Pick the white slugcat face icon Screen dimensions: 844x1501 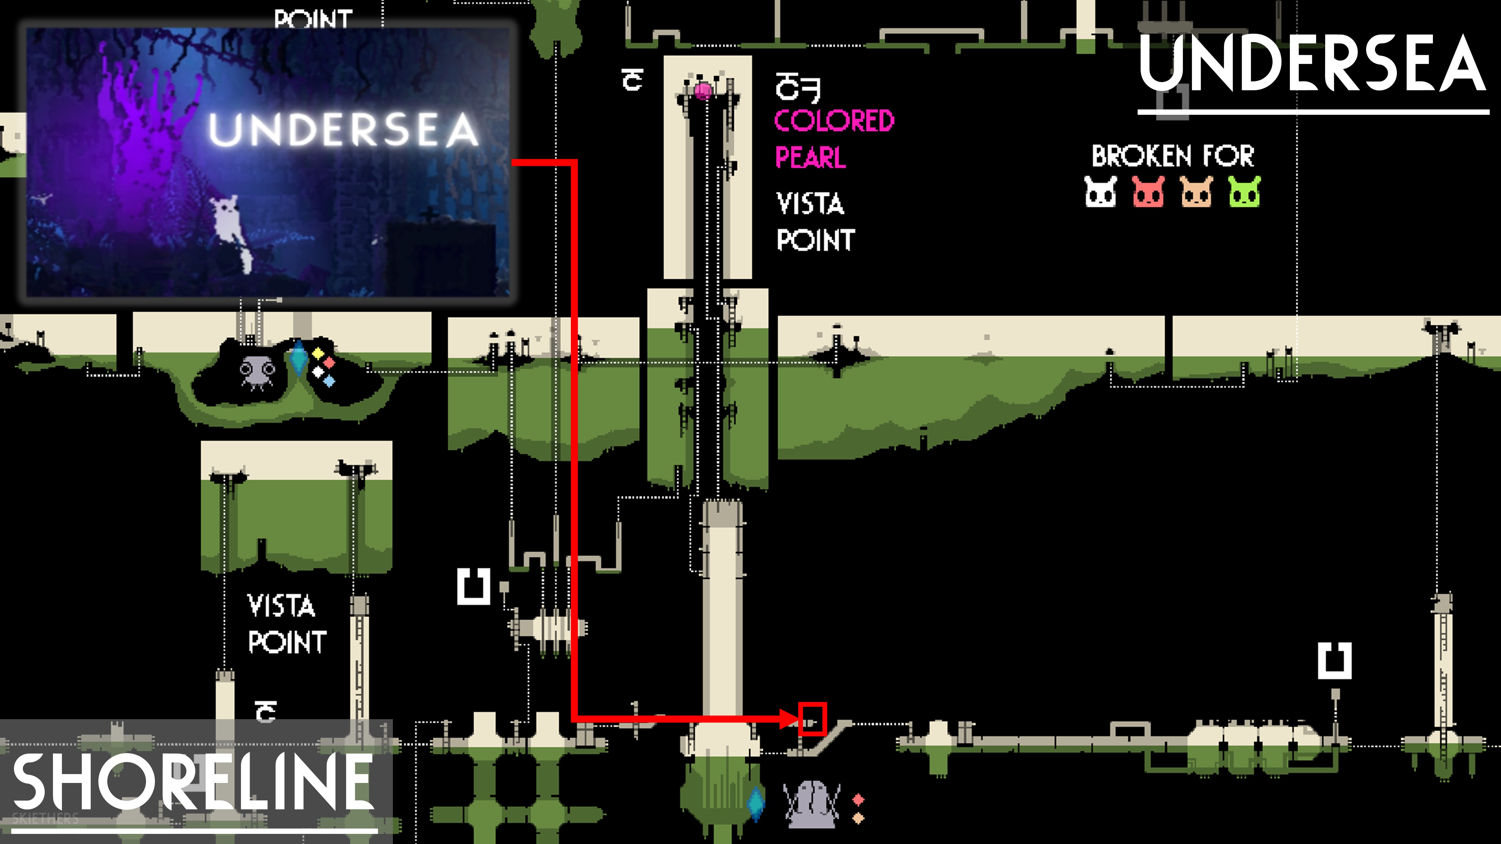[1100, 192]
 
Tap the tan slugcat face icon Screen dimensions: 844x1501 [1196, 192]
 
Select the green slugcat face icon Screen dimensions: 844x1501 [1244, 192]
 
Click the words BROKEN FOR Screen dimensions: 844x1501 [1172, 156]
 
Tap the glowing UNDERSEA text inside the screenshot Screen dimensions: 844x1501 [344, 129]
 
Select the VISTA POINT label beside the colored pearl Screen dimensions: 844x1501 [815, 221]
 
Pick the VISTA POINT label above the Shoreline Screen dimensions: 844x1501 [285, 623]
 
